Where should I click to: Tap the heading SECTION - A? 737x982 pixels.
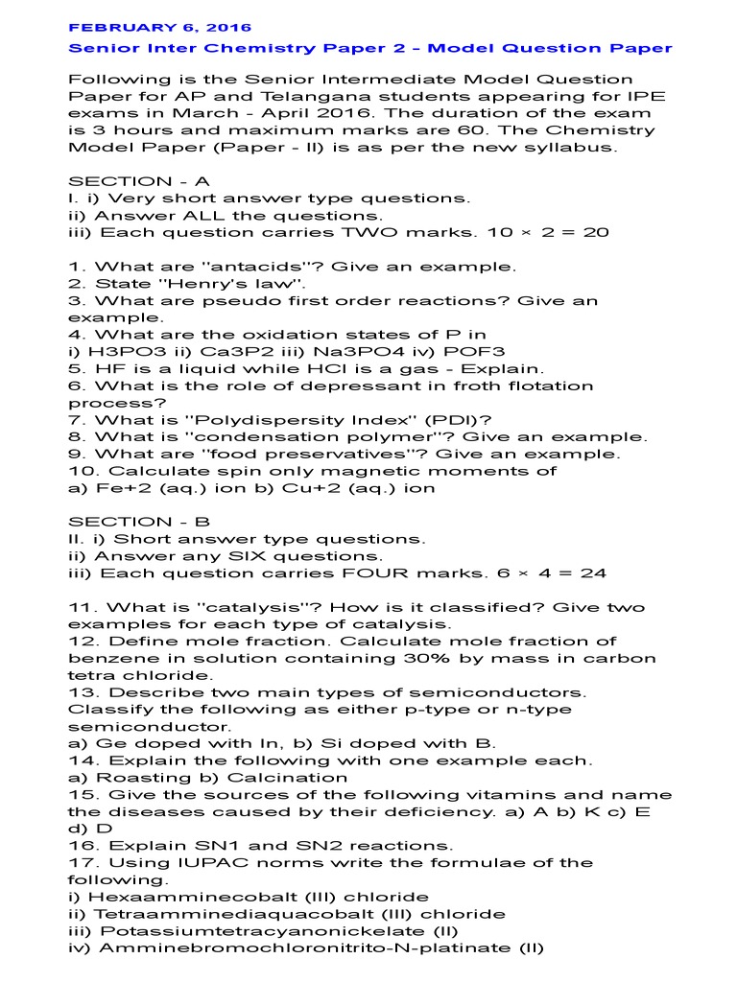coord(139,181)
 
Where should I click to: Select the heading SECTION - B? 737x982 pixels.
coord(139,522)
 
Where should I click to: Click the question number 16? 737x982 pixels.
coord(81,846)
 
